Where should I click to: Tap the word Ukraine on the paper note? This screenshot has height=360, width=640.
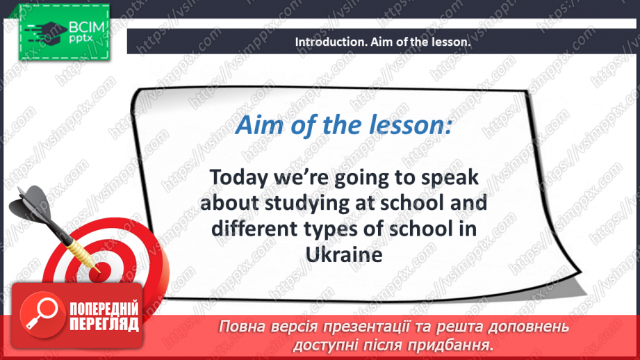click(344, 255)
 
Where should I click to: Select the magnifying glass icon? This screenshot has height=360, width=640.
click(42, 314)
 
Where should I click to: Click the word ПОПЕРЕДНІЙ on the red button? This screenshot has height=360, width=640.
click(104, 309)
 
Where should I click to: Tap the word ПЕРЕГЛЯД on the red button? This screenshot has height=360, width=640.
click(104, 324)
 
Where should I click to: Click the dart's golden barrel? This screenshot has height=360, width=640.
click(81, 252)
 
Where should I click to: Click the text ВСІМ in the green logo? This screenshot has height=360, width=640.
click(87, 27)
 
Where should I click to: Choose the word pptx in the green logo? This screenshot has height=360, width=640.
click(81, 39)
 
